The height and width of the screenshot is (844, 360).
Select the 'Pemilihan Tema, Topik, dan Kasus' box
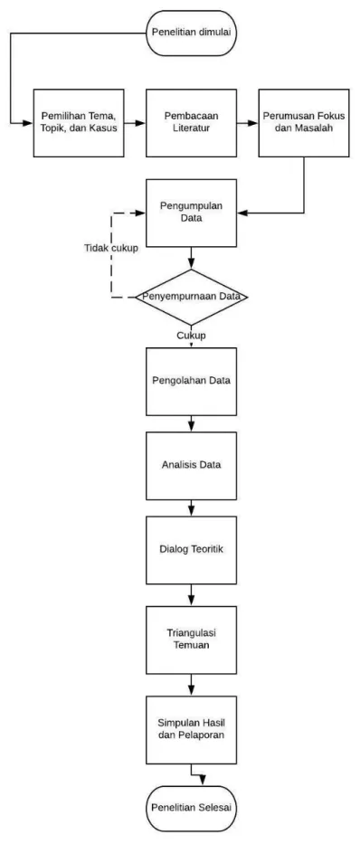(79, 123)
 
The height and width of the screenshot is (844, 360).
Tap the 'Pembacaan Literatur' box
(191, 123)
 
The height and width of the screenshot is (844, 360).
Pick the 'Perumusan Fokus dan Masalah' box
(304, 123)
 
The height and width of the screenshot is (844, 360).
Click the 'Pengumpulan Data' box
(191, 213)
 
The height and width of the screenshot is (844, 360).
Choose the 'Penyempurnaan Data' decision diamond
(191, 297)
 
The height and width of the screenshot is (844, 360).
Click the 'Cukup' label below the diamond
(191, 335)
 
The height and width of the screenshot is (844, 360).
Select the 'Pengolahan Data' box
(191, 381)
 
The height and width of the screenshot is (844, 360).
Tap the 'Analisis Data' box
(191, 466)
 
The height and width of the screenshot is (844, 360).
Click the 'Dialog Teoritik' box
(191, 550)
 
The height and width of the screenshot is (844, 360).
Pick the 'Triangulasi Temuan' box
(191, 640)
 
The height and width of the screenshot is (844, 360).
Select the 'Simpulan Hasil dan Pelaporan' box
(191, 729)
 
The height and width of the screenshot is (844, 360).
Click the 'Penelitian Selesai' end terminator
(191, 809)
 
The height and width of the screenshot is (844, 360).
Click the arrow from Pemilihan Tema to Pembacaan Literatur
(135, 123)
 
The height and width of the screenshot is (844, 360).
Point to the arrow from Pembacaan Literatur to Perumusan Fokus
(248, 123)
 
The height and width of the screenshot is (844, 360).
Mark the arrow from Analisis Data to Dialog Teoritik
(191, 508)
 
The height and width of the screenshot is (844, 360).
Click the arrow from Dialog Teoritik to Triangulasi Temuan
(191, 595)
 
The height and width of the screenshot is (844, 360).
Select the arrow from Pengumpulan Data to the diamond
(191, 259)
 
